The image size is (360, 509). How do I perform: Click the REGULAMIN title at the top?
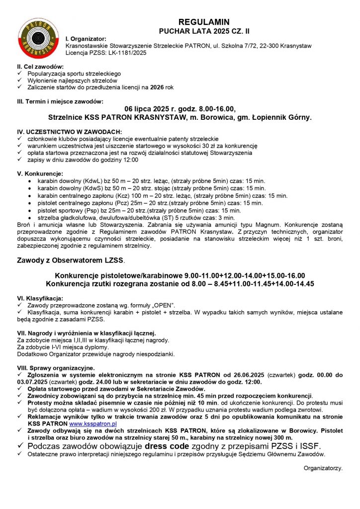(203, 22)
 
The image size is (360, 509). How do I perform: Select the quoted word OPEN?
(162, 305)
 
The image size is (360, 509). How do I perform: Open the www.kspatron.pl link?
(92, 424)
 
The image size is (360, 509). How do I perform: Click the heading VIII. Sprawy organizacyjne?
(56, 368)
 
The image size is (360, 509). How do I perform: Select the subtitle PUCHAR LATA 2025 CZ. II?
(203, 31)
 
